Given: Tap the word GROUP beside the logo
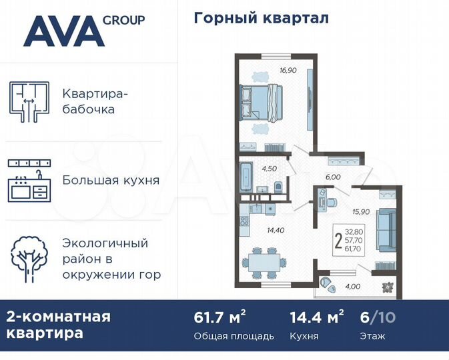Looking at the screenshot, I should point(124,19).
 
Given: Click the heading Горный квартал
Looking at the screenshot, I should point(261,18).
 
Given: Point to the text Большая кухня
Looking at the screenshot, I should point(111,180).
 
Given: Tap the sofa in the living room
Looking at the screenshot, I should point(386,229).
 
